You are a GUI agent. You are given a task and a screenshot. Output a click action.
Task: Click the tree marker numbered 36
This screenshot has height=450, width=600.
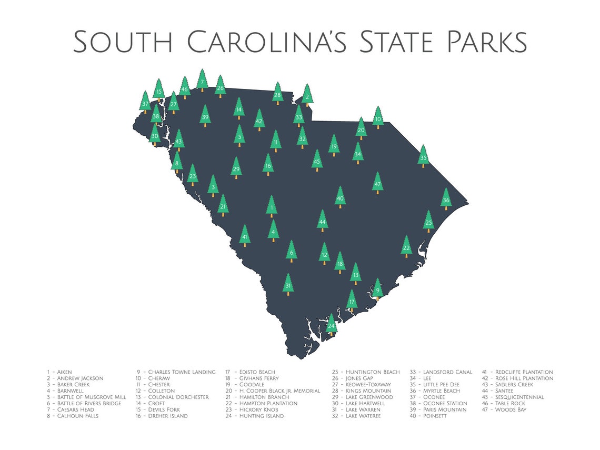click(446, 199)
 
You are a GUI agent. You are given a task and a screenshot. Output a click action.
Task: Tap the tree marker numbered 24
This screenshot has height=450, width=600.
click(331, 326)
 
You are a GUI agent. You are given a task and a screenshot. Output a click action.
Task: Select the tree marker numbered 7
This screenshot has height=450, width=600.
click(202, 82)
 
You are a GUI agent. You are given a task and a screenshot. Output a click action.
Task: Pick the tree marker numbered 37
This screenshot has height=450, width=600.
click(145, 103)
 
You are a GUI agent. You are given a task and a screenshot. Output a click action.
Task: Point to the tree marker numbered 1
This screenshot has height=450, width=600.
click(272, 207)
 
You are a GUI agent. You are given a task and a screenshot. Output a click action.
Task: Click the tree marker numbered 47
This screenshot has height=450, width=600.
click(377, 184)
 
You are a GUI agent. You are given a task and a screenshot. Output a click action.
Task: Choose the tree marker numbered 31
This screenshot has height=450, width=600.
click(288, 285)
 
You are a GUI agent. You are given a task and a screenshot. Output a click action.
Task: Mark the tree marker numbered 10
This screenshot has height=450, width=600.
click(377, 118)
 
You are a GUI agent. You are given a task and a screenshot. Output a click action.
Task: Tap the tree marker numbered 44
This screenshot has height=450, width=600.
click(323, 222)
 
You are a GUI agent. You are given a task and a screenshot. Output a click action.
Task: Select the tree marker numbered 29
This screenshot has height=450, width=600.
click(236, 168)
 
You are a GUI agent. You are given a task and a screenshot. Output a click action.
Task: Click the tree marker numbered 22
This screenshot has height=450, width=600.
click(406, 247)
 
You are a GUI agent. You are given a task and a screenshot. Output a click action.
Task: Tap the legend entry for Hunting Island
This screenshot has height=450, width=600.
click(255, 416)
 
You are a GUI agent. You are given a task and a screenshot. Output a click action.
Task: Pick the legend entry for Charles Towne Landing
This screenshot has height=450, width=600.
click(176, 372)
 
